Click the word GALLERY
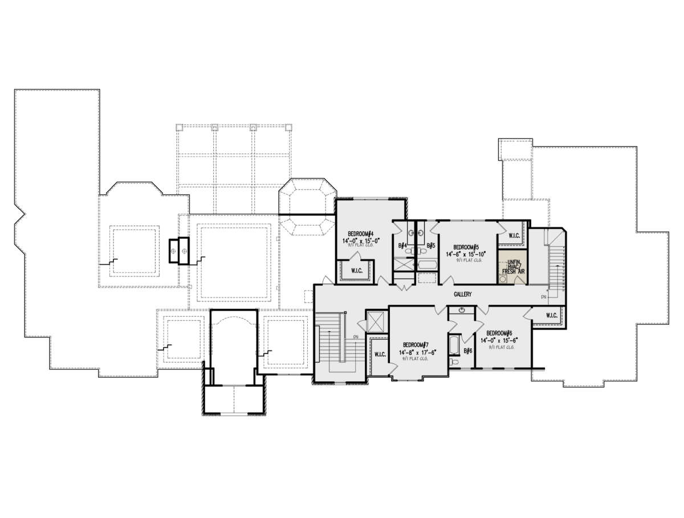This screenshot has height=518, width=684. [x=462, y=294]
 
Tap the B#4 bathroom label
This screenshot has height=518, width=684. [x=403, y=246]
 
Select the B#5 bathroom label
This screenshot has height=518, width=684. [x=431, y=246]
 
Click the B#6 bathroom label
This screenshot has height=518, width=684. [x=468, y=351]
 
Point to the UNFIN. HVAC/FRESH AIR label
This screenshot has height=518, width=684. [x=512, y=267]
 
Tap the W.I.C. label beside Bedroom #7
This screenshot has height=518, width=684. [x=380, y=354]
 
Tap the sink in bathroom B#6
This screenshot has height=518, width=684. [x=461, y=311]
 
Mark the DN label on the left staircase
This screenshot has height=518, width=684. [x=355, y=336]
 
